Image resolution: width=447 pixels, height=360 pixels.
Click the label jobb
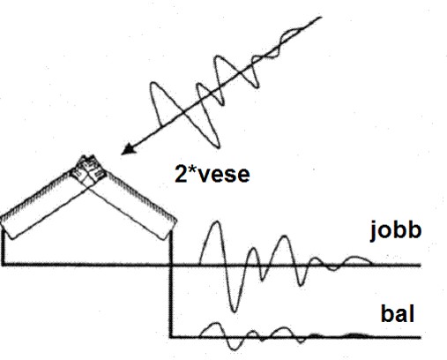click(x=396, y=232)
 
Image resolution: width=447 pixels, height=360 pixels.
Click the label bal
click(x=398, y=314)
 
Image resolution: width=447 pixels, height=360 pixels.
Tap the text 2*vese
click(x=212, y=174)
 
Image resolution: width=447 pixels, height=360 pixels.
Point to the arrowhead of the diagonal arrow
click(x=128, y=149)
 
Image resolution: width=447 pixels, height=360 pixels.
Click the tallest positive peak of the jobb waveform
click(x=217, y=221)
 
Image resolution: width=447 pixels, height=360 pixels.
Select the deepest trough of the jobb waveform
click(x=234, y=310)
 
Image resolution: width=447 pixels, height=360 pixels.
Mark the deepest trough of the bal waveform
click(x=235, y=349)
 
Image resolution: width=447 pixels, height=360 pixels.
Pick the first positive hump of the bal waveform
click(x=214, y=325)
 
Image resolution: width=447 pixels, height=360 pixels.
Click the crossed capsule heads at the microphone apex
click(x=88, y=170)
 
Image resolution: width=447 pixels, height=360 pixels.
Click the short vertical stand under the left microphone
click(x=4, y=247)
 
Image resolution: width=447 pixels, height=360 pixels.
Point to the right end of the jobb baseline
click(x=421, y=266)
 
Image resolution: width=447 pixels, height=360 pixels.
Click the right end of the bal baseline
click(x=421, y=337)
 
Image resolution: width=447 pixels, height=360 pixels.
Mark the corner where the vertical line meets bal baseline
click(x=171, y=337)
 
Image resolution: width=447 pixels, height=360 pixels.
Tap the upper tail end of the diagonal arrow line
click(x=320, y=18)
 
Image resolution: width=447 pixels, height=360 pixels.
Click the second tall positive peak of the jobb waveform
click(x=284, y=236)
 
